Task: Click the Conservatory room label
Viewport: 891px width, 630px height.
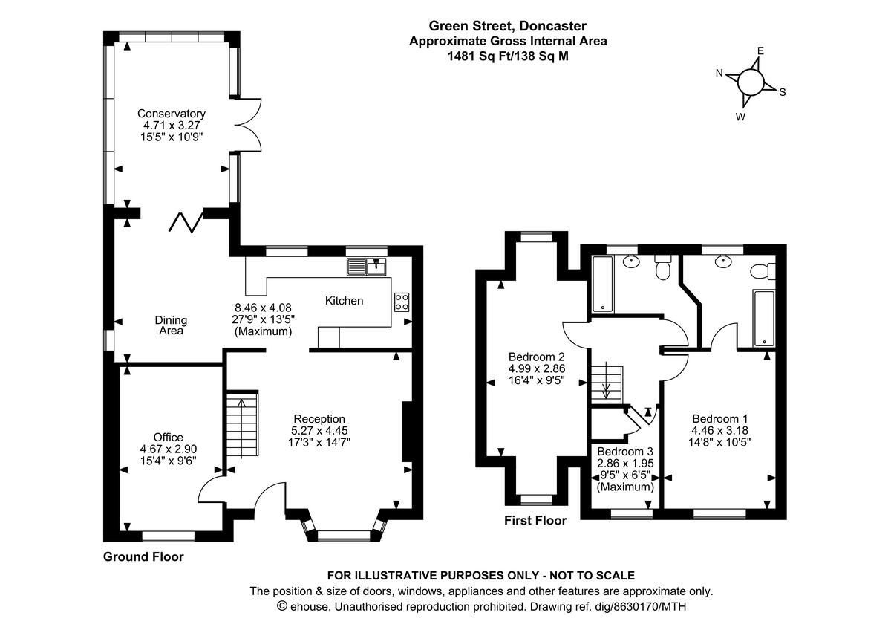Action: point(172,114)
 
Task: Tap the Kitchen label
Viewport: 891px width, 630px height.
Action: point(345,301)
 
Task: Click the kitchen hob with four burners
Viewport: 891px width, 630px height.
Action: point(402,301)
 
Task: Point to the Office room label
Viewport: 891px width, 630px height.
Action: point(169,437)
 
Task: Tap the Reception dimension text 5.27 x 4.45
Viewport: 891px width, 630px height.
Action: point(319,430)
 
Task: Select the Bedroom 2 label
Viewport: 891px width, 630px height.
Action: point(537,355)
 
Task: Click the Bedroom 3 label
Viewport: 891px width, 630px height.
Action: point(625,452)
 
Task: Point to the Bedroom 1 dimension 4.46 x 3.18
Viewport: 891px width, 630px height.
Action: point(719,429)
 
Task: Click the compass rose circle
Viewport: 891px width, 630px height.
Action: point(750,81)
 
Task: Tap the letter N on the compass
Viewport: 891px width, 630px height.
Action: point(719,72)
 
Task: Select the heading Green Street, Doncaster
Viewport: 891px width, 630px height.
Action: point(508,27)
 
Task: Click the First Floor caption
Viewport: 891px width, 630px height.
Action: point(535,520)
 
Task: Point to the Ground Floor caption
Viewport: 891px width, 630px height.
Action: point(143,556)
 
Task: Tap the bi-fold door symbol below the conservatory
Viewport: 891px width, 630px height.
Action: point(185,221)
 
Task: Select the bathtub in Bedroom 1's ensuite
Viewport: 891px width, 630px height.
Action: point(763,318)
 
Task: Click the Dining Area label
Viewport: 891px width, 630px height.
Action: point(172,325)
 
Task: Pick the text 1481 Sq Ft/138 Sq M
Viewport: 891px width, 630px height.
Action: point(508,56)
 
